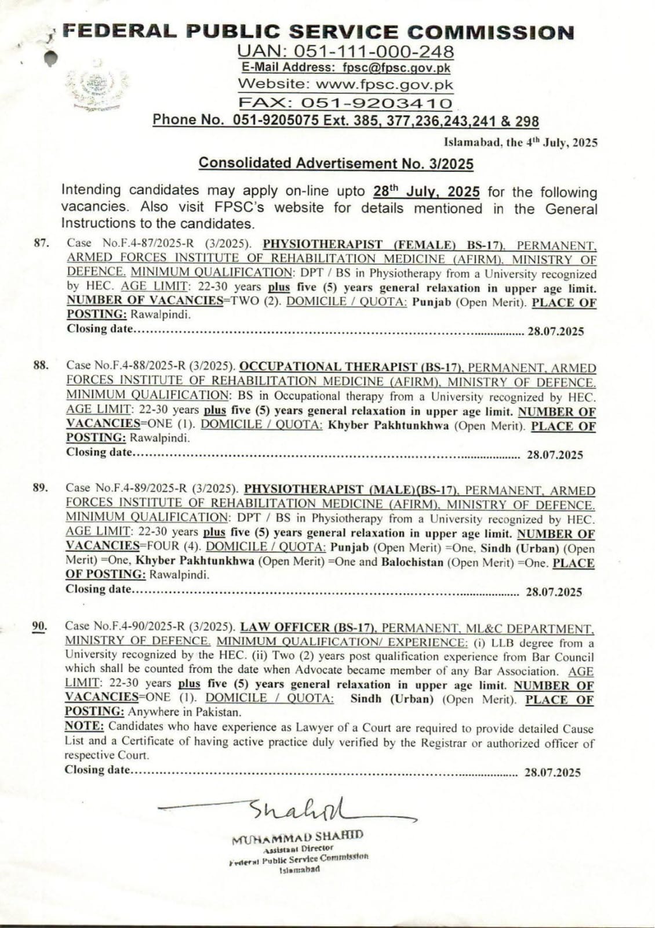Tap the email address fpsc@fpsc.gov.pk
(x=396, y=68)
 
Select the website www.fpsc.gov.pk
(x=384, y=85)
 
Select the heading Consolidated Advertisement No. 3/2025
(x=336, y=163)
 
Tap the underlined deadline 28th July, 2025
(x=427, y=191)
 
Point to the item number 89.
(x=41, y=488)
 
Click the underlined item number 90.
(x=39, y=626)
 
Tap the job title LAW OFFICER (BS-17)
(x=308, y=627)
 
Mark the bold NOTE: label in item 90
(x=84, y=726)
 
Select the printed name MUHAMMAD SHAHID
(x=297, y=837)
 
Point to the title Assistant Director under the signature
(x=298, y=848)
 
